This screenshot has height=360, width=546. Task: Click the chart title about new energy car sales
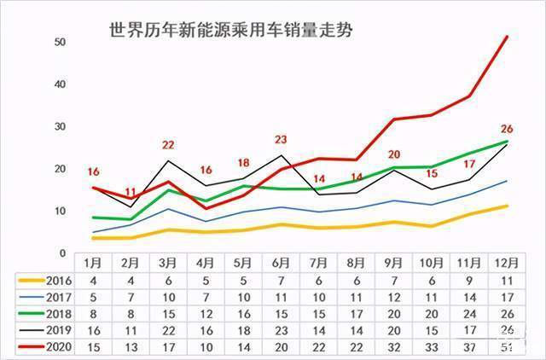click(x=230, y=31)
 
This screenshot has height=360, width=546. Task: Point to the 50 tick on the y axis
click(x=59, y=42)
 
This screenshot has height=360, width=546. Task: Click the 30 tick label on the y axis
click(x=59, y=126)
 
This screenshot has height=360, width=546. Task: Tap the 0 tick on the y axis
click(x=62, y=253)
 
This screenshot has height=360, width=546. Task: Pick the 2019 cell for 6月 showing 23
click(x=282, y=330)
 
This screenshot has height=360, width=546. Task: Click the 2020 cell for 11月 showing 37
click(x=469, y=346)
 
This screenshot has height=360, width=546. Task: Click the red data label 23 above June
click(x=281, y=140)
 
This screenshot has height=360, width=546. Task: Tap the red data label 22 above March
click(x=168, y=145)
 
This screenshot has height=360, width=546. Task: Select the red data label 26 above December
click(x=507, y=129)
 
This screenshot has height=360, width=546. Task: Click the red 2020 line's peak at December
click(x=508, y=37)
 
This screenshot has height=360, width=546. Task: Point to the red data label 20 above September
click(x=393, y=155)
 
